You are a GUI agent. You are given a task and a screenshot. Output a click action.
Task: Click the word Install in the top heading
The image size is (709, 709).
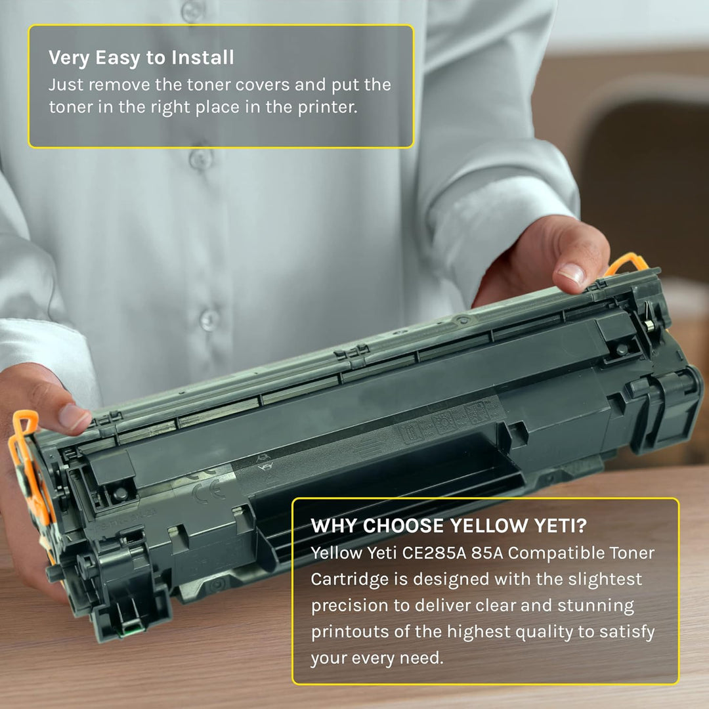(202, 58)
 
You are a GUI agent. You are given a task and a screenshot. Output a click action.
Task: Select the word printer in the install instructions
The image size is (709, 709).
(326, 107)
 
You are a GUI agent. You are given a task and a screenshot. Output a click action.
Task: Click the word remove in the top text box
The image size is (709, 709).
(118, 85)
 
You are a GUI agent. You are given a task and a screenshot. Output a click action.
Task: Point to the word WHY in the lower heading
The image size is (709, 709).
(334, 526)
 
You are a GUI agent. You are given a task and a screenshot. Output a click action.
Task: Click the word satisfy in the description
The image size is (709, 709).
(626, 632)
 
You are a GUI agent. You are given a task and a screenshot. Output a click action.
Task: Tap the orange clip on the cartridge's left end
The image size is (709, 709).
(26, 460)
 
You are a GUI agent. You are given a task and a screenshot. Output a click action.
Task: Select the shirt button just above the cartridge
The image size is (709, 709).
(209, 319)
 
